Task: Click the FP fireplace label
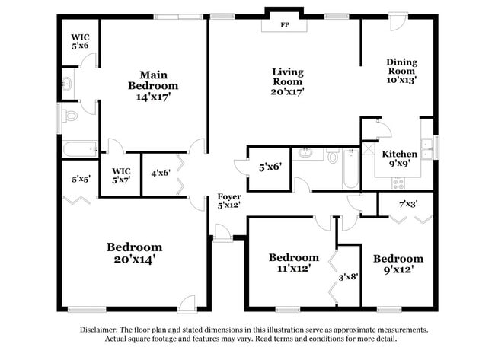(285, 25)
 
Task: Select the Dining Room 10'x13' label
(401, 71)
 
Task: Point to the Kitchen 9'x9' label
(399, 158)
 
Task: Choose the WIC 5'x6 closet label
(80, 40)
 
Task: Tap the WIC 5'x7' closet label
(121, 176)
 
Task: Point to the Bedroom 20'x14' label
(134, 253)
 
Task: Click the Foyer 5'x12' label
(229, 201)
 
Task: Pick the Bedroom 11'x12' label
(293, 263)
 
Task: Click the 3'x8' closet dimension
(347, 276)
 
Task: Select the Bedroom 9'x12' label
(398, 263)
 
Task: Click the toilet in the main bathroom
(70, 116)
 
